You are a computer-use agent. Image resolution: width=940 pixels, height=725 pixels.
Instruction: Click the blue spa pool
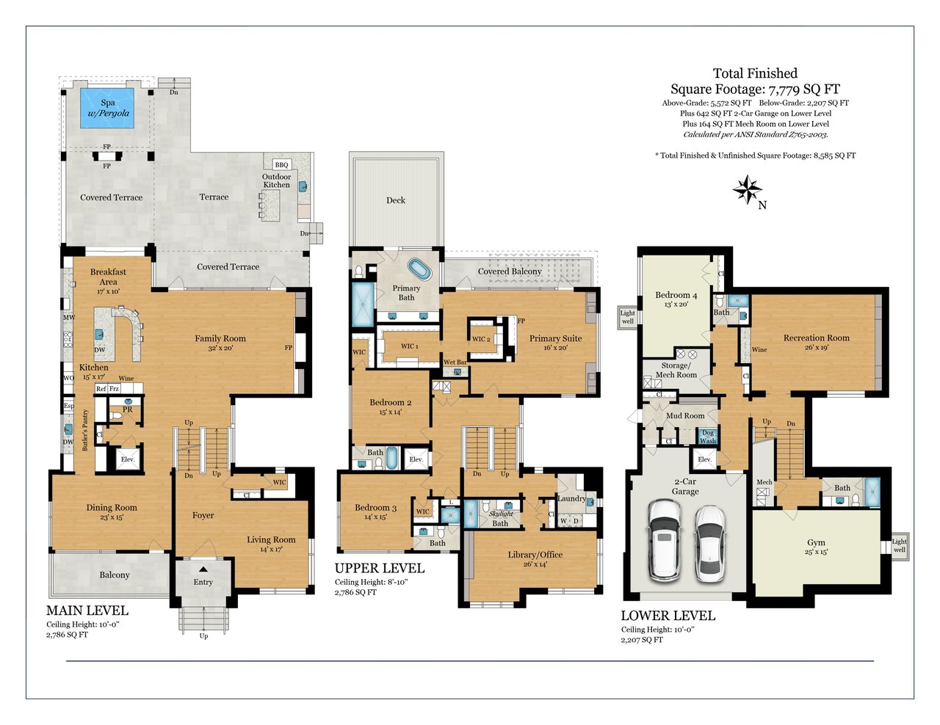(x=106, y=108)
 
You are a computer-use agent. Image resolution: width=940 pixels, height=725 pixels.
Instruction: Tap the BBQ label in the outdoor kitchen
(x=281, y=164)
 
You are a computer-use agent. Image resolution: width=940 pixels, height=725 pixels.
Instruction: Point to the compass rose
(x=747, y=189)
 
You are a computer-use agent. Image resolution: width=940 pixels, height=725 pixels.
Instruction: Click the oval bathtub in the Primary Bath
(x=419, y=269)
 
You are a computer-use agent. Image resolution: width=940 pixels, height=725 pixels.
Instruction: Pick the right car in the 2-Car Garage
(x=711, y=544)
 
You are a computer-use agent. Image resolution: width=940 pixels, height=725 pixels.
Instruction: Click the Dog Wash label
(x=708, y=437)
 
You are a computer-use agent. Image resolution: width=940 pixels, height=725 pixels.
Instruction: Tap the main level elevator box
(x=128, y=459)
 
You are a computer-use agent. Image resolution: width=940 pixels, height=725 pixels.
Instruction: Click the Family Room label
(x=220, y=338)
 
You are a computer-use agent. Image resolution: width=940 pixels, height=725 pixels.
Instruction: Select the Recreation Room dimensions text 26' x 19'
(x=817, y=347)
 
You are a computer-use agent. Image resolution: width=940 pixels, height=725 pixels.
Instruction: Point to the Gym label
(x=816, y=542)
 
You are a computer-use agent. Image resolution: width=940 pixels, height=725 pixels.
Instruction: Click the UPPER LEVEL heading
(x=380, y=568)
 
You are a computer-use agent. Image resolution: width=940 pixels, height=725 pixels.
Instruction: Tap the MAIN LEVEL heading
(x=87, y=611)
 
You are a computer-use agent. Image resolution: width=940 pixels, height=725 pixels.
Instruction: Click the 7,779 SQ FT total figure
(x=803, y=89)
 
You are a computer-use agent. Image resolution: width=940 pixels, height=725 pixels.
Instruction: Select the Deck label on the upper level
(x=396, y=200)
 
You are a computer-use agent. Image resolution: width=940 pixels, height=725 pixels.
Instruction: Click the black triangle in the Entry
(x=203, y=569)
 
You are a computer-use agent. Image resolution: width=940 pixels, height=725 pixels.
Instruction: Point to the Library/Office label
(x=535, y=555)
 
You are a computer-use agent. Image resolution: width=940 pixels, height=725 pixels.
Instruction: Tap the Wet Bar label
(x=455, y=362)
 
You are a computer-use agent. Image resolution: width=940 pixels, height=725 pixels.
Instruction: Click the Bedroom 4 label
(x=676, y=295)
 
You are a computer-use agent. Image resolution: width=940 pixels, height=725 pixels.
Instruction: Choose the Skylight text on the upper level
(x=501, y=514)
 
